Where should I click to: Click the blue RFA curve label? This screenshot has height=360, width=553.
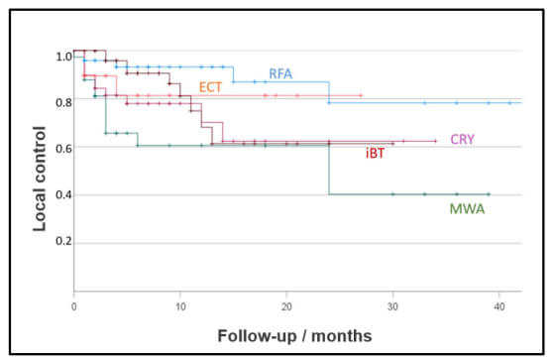point(280,74)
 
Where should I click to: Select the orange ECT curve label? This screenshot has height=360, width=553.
point(210,88)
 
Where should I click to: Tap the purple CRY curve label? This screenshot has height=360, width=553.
point(462,140)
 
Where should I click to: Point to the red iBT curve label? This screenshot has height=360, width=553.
point(376,153)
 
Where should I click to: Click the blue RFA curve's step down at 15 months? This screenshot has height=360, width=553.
point(233,74)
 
